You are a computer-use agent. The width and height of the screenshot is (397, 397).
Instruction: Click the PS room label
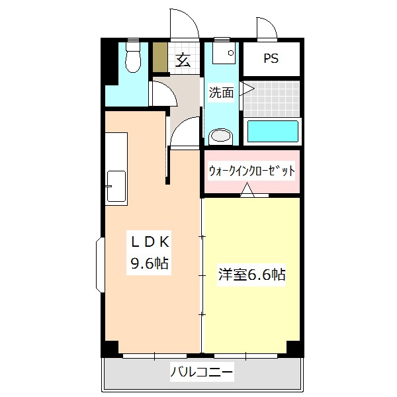point(271,58)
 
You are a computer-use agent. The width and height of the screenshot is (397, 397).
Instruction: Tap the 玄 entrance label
point(183,60)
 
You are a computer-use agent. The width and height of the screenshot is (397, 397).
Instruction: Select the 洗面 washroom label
point(221,93)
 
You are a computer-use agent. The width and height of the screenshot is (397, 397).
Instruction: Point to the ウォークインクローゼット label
point(251,171)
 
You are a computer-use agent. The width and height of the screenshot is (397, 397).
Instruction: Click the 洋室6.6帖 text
point(251,275)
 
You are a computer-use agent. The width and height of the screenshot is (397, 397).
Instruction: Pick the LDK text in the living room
point(150,242)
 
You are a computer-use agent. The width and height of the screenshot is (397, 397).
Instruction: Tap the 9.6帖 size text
point(150,263)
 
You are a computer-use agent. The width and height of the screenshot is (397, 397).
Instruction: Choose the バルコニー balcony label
point(202,372)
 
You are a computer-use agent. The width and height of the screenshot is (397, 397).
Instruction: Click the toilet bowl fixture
point(133,58)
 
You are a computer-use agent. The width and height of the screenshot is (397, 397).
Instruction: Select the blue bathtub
point(273,132)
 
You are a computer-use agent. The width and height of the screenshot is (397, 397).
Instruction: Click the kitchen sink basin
point(116,186)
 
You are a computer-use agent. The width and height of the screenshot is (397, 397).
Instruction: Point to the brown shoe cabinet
point(160,57)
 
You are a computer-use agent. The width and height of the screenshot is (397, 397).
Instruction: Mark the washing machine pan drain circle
point(231,53)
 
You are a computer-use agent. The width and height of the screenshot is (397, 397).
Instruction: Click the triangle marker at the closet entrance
point(247,190)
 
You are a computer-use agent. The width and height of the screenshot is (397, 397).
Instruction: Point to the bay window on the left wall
point(100,265)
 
